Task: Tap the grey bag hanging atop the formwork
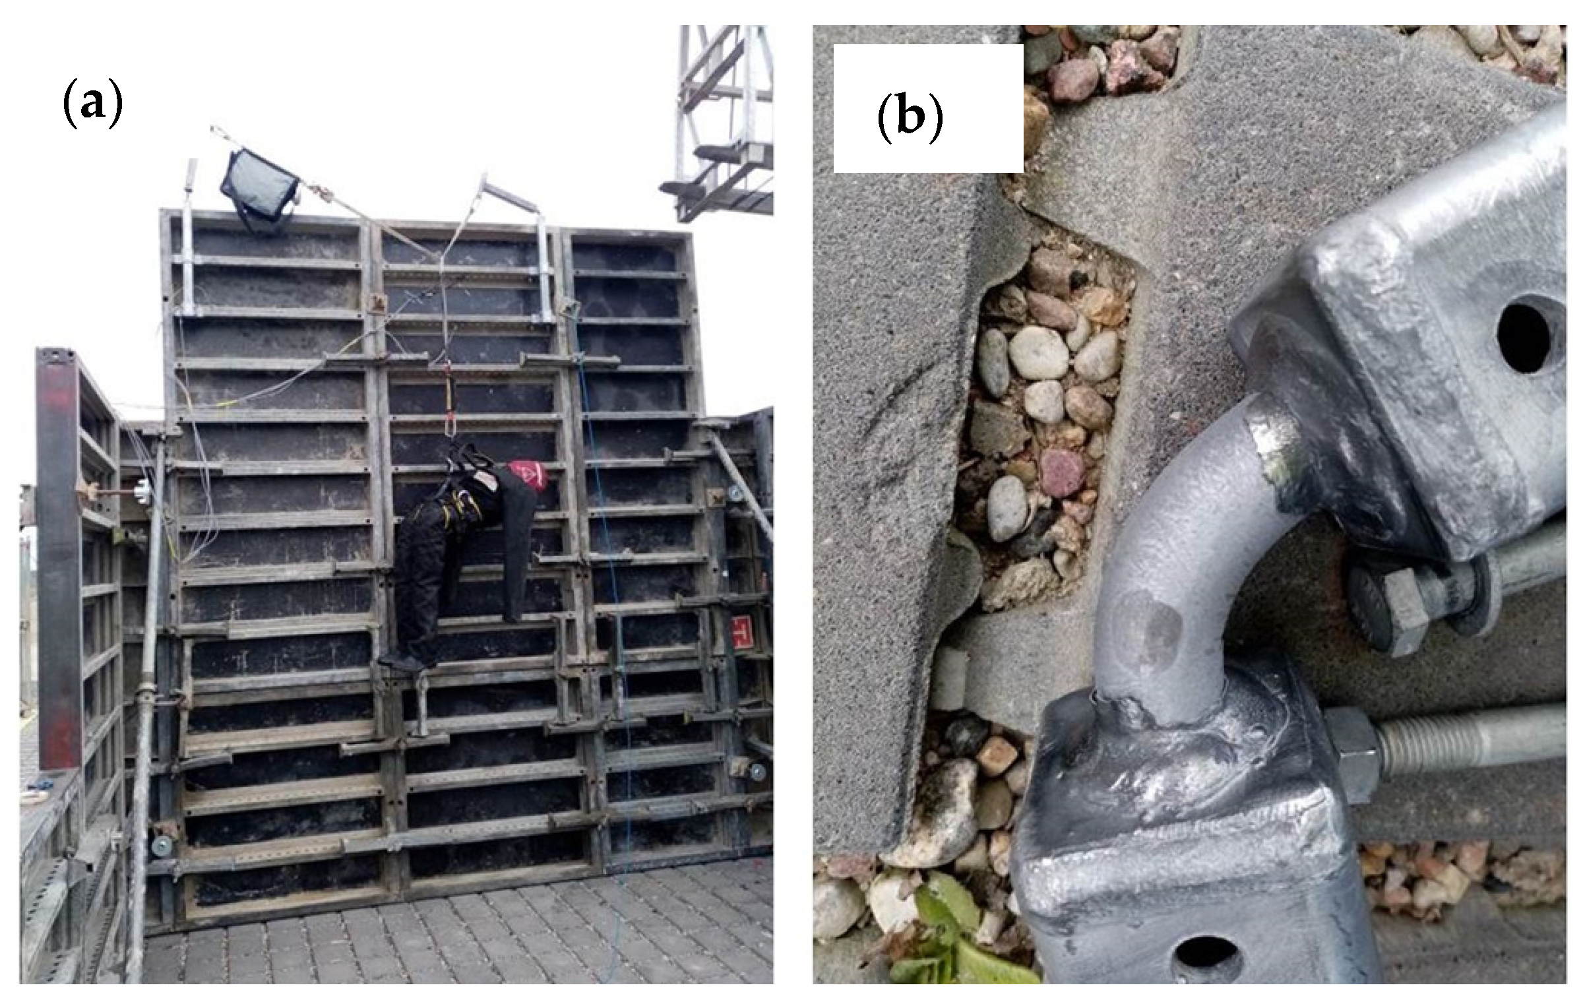(260, 187)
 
